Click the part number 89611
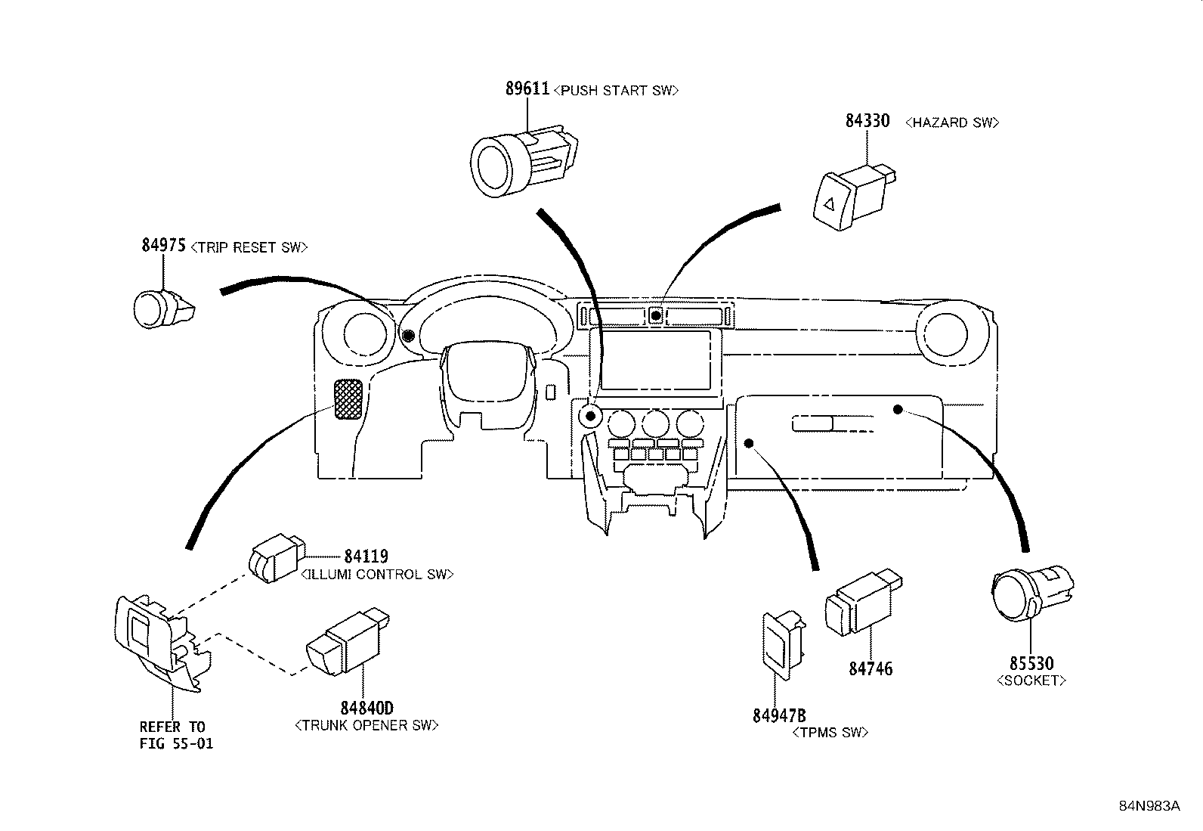tap(527, 88)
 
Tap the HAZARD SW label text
tap(952, 122)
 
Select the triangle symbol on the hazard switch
tap(829, 204)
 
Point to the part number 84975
tap(164, 245)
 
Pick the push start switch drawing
tap(524, 161)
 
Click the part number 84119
tap(366, 557)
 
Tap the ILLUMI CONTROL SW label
tap(378, 575)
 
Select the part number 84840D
tap(366, 708)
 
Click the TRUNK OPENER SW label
tap(366, 726)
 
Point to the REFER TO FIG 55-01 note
tap(177, 735)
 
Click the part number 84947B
tap(779, 716)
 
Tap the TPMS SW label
tap(830, 733)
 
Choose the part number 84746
tap(871, 668)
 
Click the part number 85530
tap(1031, 663)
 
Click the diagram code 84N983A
tap(1149, 806)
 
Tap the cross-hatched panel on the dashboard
tap(348, 399)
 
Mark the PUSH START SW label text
tap(616, 90)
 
